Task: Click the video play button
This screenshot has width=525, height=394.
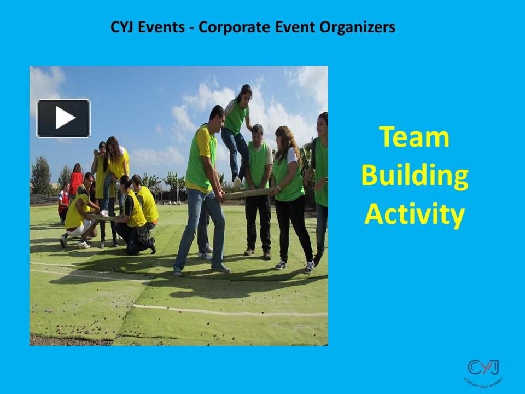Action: (x=63, y=118)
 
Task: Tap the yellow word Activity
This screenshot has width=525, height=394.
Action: (x=414, y=215)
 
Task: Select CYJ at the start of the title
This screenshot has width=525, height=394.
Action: (x=122, y=27)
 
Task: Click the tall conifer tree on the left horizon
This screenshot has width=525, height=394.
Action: (x=40, y=175)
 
